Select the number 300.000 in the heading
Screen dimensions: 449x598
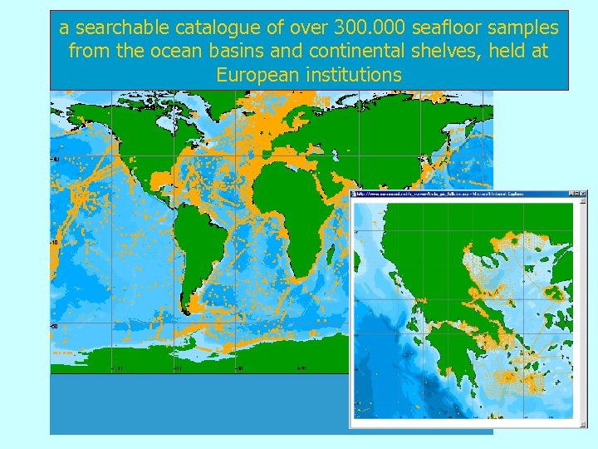pyautogui.click(x=370, y=28)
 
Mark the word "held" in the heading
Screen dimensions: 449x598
pyautogui.click(x=502, y=52)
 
